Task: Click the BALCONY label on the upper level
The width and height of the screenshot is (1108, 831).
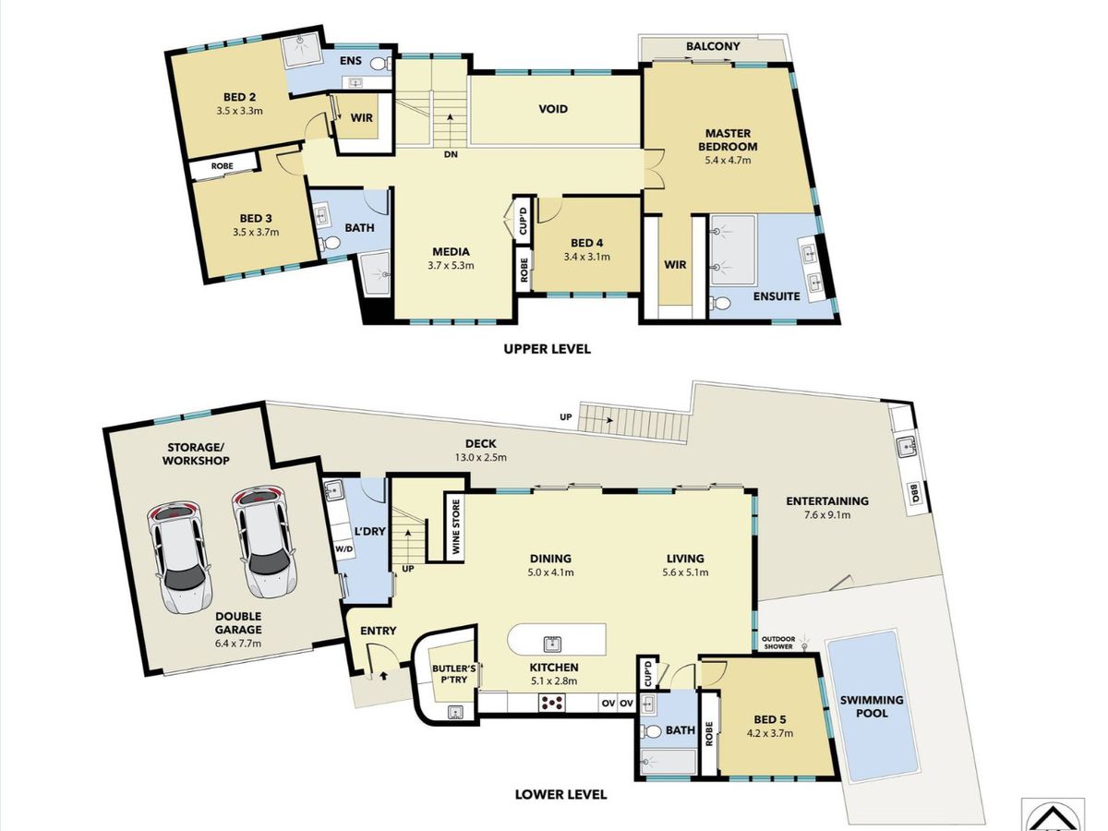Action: (x=713, y=46)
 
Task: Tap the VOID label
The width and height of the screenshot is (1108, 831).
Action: (x=553, y=109)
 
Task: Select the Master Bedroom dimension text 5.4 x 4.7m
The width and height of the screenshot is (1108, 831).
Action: (x=728, y=161)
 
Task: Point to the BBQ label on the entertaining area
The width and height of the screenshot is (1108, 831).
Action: (x=914, y=492)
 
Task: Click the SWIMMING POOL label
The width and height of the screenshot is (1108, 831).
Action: (x=872, y=706)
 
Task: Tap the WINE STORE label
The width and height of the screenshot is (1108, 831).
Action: (x=456, y=526)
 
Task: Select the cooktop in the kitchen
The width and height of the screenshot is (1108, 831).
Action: (x=552, y=703)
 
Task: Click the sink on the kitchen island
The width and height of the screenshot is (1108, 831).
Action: (x=553, y=644)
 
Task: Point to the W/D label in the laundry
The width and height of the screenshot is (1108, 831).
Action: (x=344, y=548)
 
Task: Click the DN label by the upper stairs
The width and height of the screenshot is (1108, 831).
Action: (x=451, y=154)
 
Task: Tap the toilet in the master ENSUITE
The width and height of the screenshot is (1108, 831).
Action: (x=720, y=303)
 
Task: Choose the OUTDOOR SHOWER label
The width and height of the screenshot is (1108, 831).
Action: (x=779, y=643)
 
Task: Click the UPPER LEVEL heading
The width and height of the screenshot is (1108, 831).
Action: (x=547, y=349)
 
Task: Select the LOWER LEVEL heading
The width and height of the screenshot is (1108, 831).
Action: (x=560, y=794)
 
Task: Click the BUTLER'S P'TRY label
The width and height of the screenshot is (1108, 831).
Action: (x=453, y=674)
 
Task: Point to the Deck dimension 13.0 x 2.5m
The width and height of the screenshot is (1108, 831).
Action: (x=480, y=458)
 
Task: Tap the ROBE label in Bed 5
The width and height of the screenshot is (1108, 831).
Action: (x=709, y=734)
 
